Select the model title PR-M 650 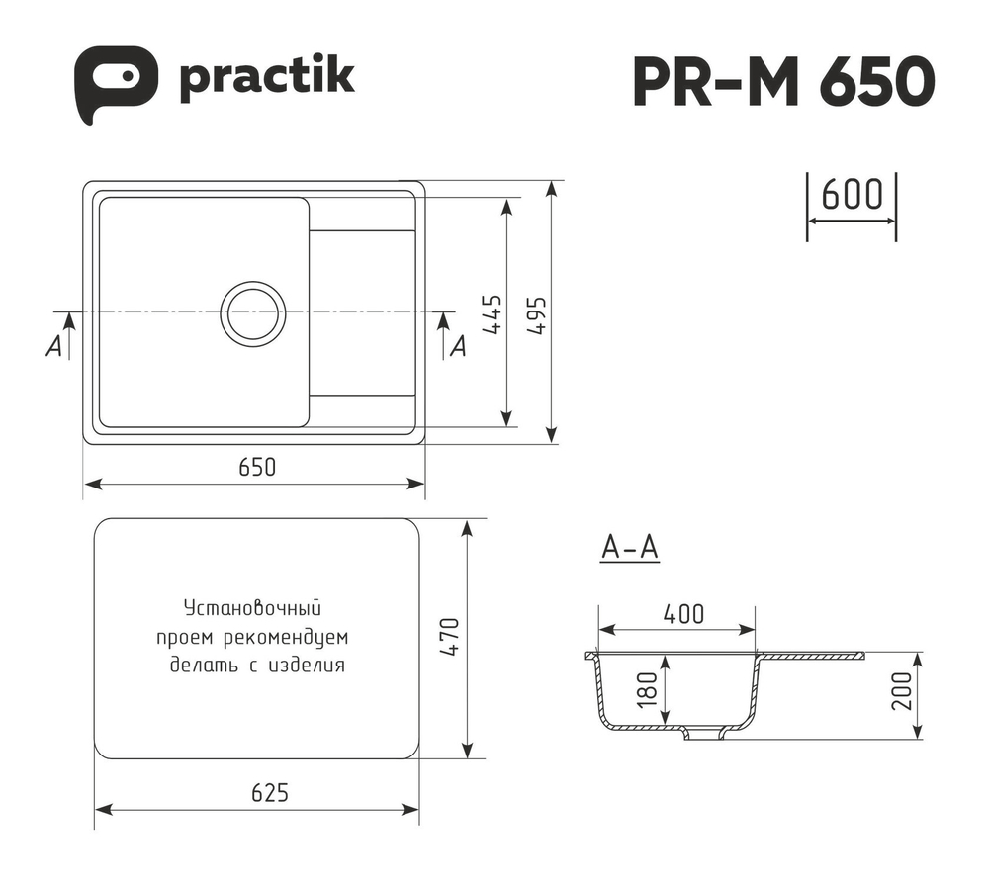[782, 82]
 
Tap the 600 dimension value [852, 196]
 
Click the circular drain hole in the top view [252, 312]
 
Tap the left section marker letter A [55, 346]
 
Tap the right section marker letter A [457, 346]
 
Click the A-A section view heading [629, 547]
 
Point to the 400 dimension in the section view [683, 614]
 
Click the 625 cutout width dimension [268, 792]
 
